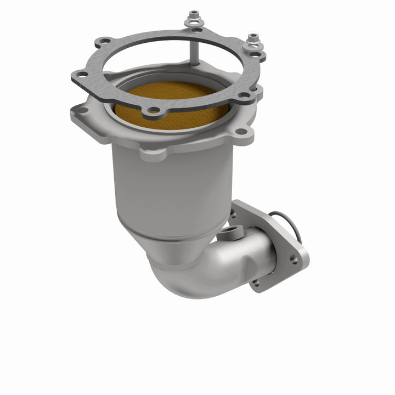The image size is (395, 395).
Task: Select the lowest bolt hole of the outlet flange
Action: pyautogui.click(x=256, y=283)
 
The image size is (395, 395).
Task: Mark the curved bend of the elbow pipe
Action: pyautogui.click(x=181, y=274)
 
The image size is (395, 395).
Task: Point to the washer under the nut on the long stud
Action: pyautogui.click(x=194, y=23)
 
